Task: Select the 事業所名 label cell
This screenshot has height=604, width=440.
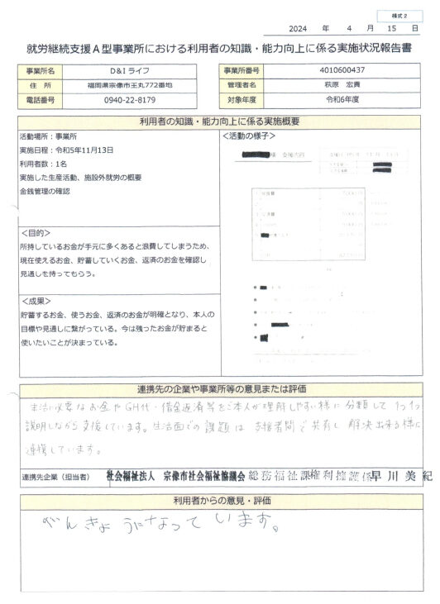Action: coord(41,72)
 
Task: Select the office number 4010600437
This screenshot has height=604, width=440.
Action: coord(347,72)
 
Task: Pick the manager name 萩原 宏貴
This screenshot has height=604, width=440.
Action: coord(347,85)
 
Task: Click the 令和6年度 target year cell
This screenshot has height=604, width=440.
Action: coord(347,99)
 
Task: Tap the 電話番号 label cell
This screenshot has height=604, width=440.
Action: coord(41,99)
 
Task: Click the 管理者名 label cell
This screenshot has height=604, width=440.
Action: coord(242,85)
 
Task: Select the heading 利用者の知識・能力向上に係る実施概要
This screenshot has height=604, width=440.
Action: coord(219,121)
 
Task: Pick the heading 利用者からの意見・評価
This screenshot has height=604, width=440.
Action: coord(219,501)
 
